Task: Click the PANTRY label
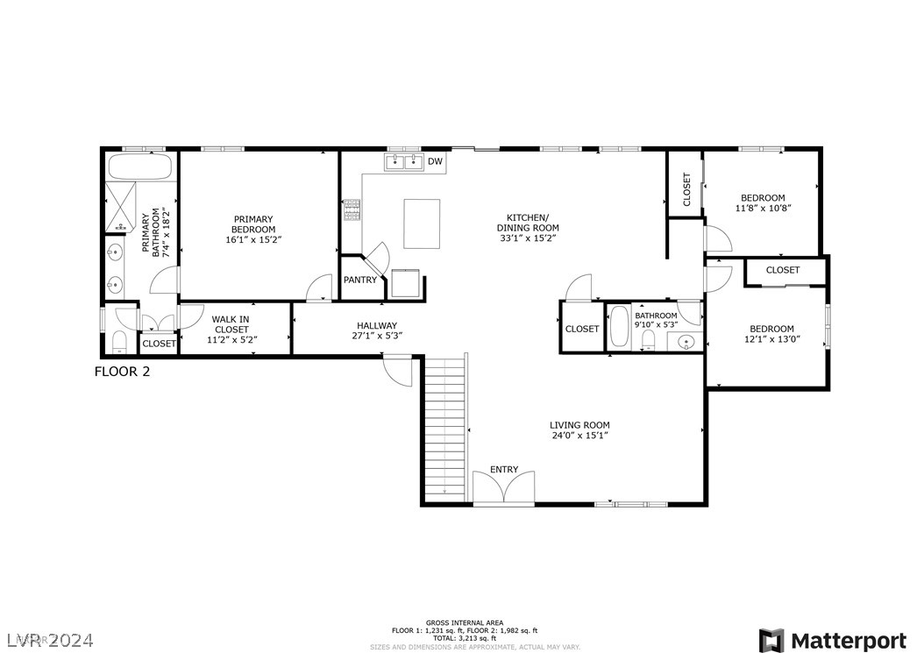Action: [x=360, y=280]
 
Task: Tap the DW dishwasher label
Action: [x=435, y=161]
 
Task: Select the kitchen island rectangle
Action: [x=422, y=224]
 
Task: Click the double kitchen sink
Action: [x=404, y=162]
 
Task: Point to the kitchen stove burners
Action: [x=352, y=210]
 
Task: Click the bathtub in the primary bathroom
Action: [x=140, y=167]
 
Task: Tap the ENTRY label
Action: [x=504, y=470]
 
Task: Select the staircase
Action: [x=445, y=429]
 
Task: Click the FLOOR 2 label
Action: [x=122, y=372]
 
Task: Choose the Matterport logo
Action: [x=833, y=641]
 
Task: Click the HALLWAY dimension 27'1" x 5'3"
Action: [x=377, y=336]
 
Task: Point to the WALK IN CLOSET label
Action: [x=231, y=324]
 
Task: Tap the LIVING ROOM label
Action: [x=579, y=425]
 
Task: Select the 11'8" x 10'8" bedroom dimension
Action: [x=763, y=208]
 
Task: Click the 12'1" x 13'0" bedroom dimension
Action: [x=772, y=339]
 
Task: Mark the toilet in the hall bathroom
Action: [x=648, y=340]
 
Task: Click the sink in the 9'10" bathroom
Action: [x=686, y=341]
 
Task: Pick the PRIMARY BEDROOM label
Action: [x=253, y=224]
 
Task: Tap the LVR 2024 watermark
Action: [x=51, y=640]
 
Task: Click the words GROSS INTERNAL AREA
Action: [x=465, y=622]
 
